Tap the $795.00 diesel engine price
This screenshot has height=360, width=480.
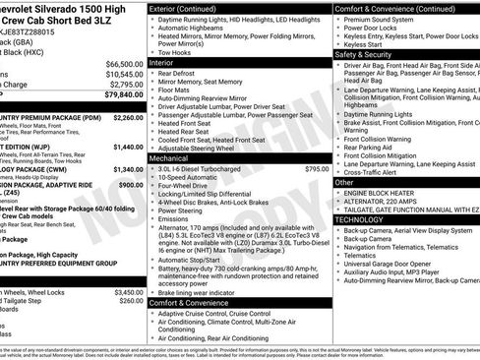click(x=315, y=168)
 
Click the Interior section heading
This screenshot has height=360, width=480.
click(x=168, y=61)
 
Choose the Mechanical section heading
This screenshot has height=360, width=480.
click(x=175, y=157)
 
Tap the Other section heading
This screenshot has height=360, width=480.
click(x=344, y=182)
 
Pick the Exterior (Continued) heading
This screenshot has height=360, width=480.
click(x=191, y=8)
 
